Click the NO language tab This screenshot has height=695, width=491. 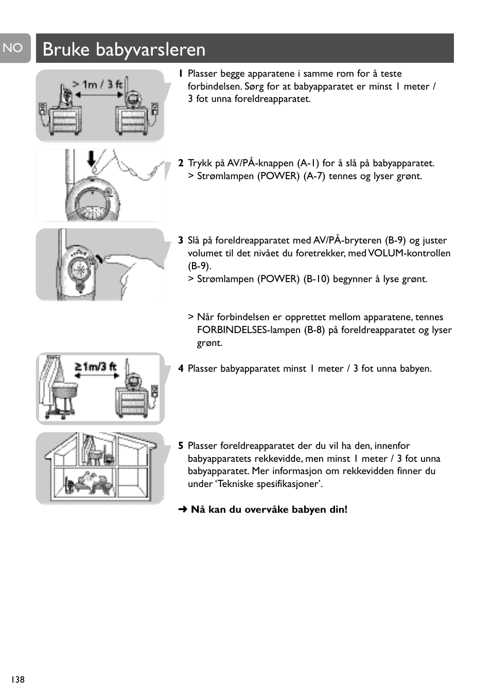pyautogui.click(x=13, y=48)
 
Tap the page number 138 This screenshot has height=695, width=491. pyautogui.click(x=17, y=680)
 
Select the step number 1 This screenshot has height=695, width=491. pyautogui.click(x=180, y=74)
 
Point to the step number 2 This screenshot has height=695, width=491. pyautogui.click(x=181, y=163)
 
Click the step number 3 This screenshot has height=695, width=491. pyautogui.click(x=181, y=240)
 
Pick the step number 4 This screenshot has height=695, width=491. pyautogui.click(x=181, y=369)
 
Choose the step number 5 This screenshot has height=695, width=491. pyautogui.click(x=181, y=446)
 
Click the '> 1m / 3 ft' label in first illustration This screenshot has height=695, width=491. pyautogui.click(x=97, y=84)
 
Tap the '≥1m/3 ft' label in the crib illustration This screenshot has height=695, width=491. pyautogui.click(x=96, y=367)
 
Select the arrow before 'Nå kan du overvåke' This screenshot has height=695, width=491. pyautogui.click(x=183, y=510)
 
